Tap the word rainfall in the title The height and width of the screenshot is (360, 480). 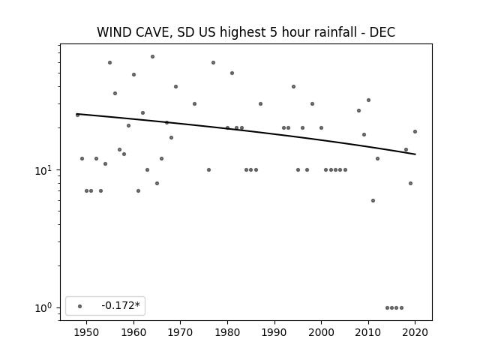tap(334, 32)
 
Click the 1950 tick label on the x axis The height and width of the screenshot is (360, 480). tap(87, 332)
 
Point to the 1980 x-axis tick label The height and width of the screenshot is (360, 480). tap(227, 332)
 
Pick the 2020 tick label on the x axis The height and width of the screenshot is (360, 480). tap(415, 332)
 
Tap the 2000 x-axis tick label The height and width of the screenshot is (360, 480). tap(321, 332)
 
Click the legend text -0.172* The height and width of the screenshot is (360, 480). tap(121, 305)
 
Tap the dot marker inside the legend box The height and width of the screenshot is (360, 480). tap(80, 306)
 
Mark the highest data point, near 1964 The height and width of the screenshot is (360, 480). tap(152, 57)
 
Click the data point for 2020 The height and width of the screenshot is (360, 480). tap(415, 132)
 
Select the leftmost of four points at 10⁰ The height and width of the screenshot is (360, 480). tap(387, 308)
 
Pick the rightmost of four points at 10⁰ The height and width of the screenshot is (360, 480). tap(402, 308)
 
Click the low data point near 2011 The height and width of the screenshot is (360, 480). tap(373, 201)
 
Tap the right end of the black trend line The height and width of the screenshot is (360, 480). tap(415, 154)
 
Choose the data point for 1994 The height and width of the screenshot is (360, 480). tap(293, 87)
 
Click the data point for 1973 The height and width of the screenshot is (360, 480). tap(194, 104)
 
